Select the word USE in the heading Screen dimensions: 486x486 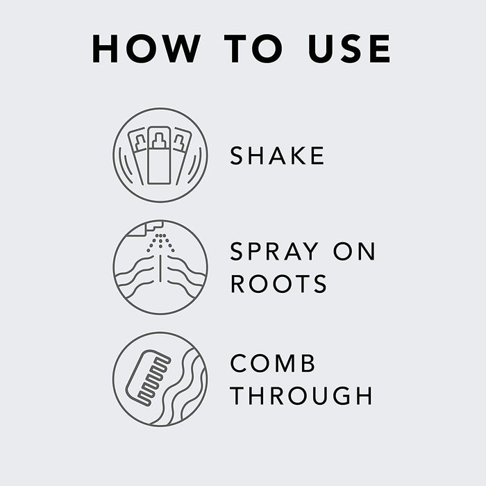pos(349,49)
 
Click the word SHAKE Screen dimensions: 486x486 pos(277,156)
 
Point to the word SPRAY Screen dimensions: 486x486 pos(274,251)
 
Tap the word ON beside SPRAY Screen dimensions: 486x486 pos(354,251)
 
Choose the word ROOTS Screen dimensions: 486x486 pos(278,283)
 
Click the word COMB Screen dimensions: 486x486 pos(273,363)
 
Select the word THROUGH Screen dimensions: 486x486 pos(301,396)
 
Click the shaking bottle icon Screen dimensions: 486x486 pos(160,156)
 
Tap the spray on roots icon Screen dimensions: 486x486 pos(160,267)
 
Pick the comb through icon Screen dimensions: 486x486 pos(160,379)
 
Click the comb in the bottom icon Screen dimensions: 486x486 pos(148,378)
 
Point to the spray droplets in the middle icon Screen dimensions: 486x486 pos(160,242)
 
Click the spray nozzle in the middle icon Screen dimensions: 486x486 pos(146,228)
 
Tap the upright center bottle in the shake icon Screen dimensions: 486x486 pos(159,155)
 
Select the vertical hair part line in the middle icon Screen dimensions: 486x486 pos(160,269)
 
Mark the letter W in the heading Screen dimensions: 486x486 pos(180,49)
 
